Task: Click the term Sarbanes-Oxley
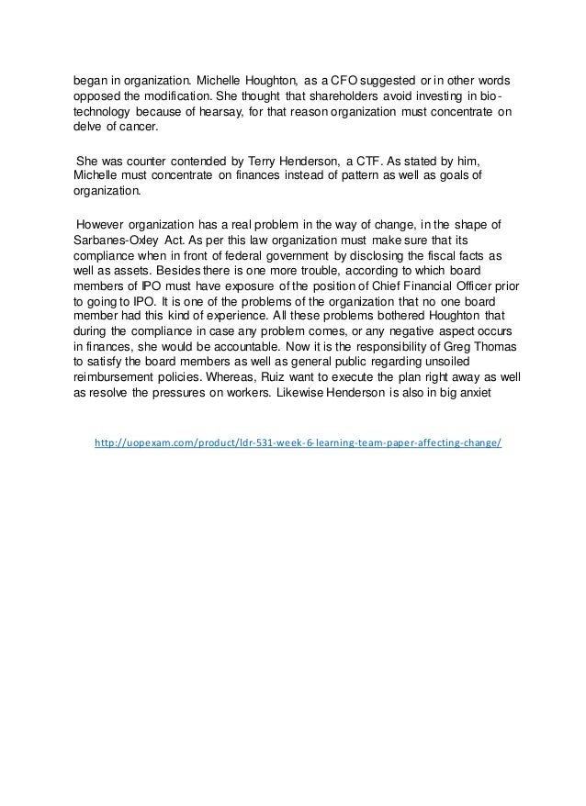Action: (x=110, y=241)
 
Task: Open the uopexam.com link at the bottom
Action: (x=298, y=443)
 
